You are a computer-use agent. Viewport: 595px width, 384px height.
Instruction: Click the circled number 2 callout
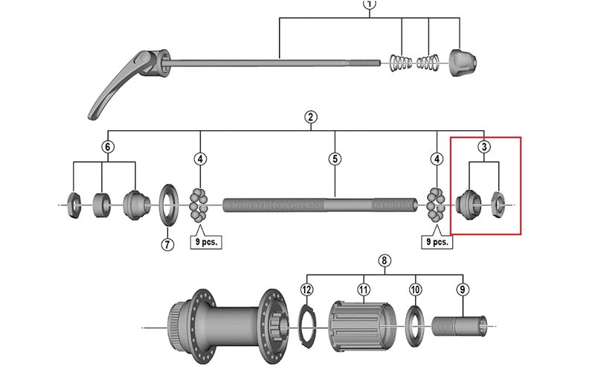tap(311, 117)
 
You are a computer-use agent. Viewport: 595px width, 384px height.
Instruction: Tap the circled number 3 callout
tap(483, 147)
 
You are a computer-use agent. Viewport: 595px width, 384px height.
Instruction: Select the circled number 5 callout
tap(335, 159)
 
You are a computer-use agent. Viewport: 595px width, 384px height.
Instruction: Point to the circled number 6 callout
tap(108, 147)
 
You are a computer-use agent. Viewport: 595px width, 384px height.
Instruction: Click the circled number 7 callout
tap(167, 244)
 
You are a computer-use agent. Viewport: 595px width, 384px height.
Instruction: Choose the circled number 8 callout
tap(384, 260)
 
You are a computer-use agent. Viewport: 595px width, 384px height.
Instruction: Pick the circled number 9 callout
tap(463, 289)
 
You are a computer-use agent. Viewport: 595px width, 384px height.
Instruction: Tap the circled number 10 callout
tap(415, 289)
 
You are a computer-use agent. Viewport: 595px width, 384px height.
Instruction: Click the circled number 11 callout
tap(364, 289)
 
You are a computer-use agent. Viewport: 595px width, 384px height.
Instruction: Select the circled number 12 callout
tap(306, 289)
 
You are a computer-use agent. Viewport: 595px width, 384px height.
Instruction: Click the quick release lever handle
tap(112, 89)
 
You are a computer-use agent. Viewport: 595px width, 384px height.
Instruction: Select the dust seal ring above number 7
tap(167, 204)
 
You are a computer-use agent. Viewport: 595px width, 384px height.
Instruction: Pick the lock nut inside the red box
tap(499, 201)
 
